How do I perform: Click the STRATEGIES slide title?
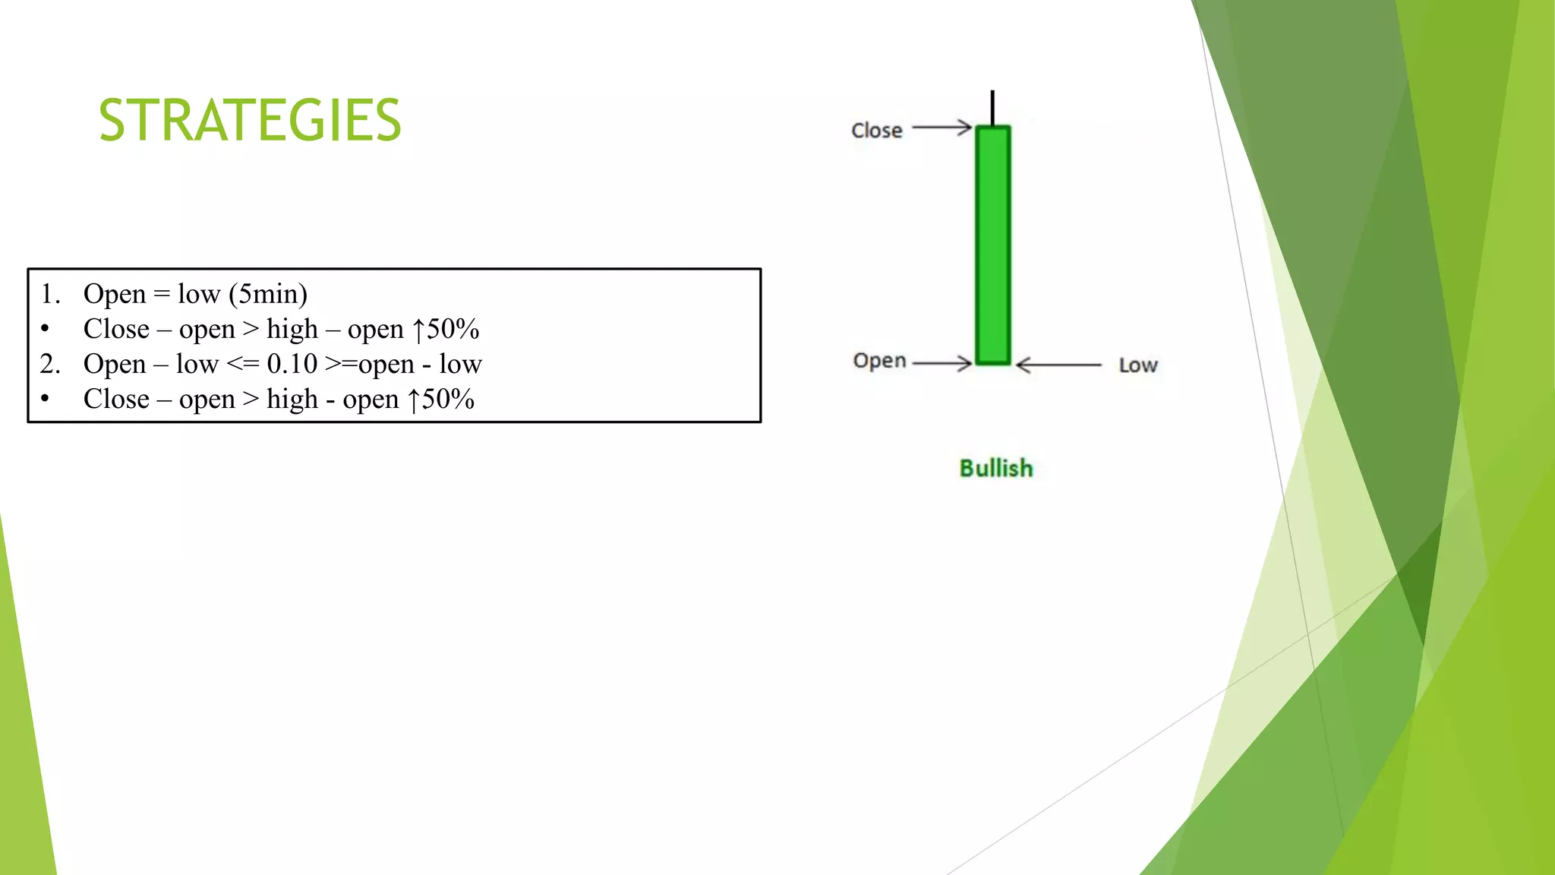(x=250, y=120)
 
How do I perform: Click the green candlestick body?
(x=992, y=245)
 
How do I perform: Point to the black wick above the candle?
(x=992, y=107)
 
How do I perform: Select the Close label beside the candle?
(x=877, y=131)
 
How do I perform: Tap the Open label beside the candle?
(x=879, y=361)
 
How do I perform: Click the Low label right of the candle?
(x=1138, y=365)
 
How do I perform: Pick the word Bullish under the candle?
(x=996, y=468)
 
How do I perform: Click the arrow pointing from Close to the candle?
(x=942, y=128)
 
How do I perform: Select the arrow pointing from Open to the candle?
(x=942, y=364)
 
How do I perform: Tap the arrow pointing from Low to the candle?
(x=1058, y=365)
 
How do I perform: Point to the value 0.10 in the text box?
(x=292, y=364)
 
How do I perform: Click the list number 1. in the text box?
(x=50, y=294)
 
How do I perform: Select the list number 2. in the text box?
(x=50, y=364)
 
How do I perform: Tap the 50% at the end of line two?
(x=453, y=329)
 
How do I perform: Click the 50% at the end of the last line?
(x=448, y=399)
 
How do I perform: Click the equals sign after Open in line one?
(x=161, y=294)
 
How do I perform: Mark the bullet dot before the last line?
(x=46, y=399)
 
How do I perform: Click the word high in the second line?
(x=292, y=329)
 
